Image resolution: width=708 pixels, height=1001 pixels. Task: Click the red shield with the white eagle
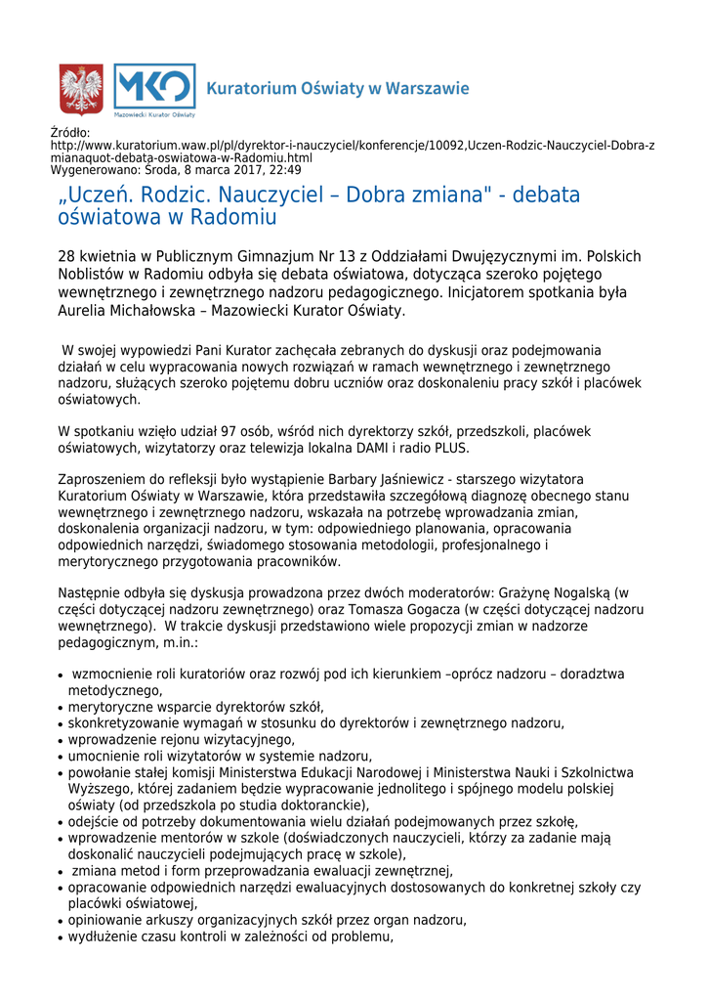81,90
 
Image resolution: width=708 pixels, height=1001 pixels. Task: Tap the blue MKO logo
154,88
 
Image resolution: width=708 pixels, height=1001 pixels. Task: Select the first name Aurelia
85,311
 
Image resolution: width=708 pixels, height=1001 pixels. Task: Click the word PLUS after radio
450,449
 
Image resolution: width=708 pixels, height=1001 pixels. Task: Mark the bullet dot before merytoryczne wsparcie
61,708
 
